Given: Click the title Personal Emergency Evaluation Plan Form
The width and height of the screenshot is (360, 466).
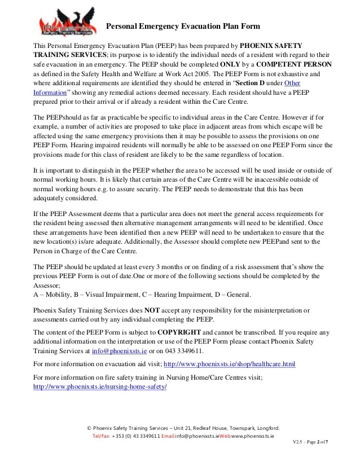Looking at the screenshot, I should click(183, 26).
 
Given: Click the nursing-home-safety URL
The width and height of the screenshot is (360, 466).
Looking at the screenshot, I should click(100, 387).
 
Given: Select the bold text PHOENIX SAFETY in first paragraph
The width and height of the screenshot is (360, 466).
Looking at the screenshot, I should click(271, 45).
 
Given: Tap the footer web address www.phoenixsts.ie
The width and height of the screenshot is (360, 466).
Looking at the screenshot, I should click(252, 436).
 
